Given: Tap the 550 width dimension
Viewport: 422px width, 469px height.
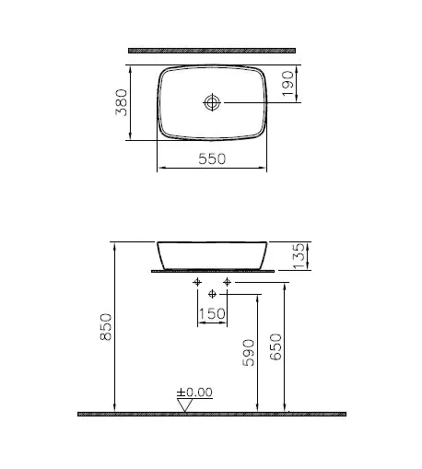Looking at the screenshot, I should pos(213,158).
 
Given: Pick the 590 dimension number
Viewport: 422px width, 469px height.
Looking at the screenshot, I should pos(248,351).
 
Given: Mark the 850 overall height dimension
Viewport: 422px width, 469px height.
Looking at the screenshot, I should pos(105,329).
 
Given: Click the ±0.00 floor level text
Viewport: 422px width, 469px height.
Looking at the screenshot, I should pos(195,392).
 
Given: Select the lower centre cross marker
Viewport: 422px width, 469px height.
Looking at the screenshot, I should pos(212,293).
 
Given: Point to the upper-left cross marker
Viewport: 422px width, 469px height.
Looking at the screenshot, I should pos(197,280).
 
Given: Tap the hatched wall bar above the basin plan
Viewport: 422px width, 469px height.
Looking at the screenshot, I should pos(212,47).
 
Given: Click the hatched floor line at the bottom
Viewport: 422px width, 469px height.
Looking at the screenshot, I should pos(212,414).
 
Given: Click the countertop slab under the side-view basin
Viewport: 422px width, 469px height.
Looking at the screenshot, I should pos(213,272).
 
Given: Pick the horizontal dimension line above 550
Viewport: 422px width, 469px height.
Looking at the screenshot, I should pos(213,169).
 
